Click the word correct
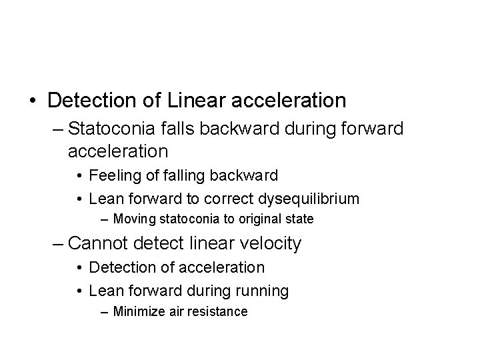(225, 199)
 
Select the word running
(265, 291)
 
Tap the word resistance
(216, 311)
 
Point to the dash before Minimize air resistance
(105, 311)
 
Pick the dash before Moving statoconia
(105, 218)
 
